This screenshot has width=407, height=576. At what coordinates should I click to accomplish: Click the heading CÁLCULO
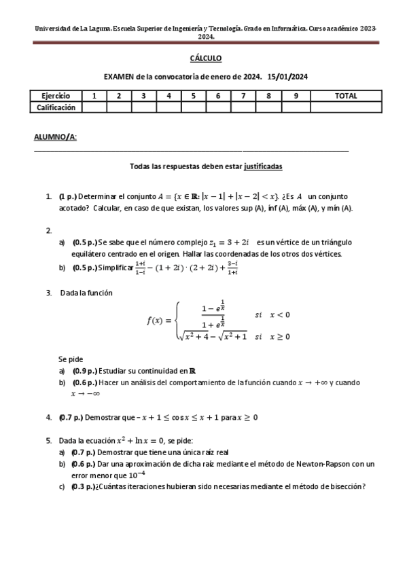click(205, 59)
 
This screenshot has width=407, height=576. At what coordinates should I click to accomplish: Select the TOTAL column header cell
click(346, 96)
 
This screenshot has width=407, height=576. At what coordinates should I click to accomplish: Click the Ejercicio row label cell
click(56, 96)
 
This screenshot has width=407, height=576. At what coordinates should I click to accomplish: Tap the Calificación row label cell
click(56, 107)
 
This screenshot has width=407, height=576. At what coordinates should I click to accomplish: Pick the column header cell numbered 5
click(194, 96)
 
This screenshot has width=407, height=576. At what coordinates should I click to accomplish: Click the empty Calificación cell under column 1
click(94, 107)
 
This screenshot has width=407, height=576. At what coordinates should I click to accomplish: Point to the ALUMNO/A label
click(55, 137)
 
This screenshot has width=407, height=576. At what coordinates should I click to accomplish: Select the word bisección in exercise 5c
click(346, 486)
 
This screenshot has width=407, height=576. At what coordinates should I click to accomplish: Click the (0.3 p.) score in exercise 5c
click(84, 486)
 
